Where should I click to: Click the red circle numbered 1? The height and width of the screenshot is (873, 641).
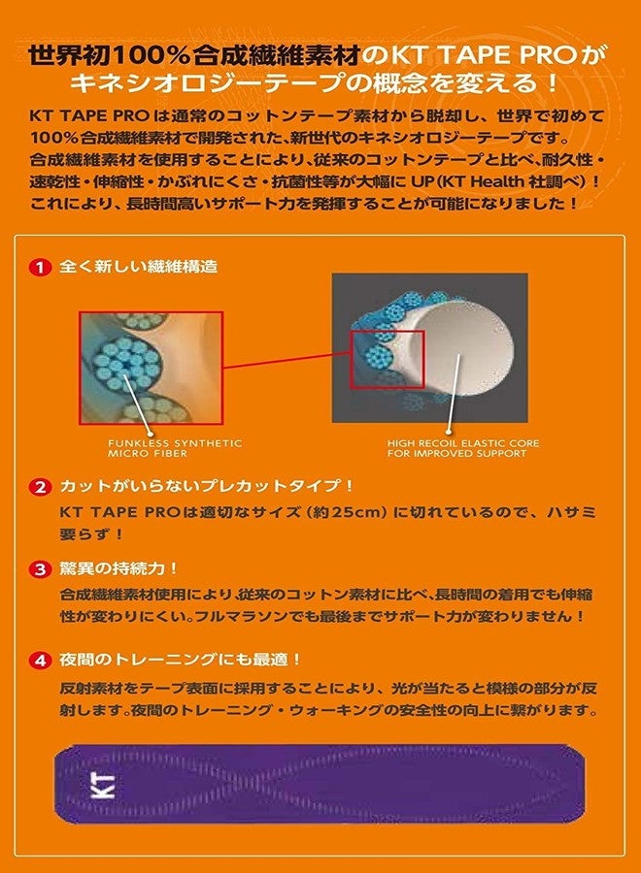40,268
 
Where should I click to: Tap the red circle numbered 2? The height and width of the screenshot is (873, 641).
40,488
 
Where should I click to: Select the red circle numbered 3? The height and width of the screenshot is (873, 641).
40,569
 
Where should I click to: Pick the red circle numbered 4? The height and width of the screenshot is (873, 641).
40,661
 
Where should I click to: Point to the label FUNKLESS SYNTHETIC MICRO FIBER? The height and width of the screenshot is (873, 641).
175,448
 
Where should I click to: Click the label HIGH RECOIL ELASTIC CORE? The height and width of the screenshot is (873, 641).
463,443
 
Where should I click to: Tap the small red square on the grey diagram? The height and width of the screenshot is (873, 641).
387,359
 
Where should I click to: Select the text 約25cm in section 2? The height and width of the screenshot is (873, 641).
346,511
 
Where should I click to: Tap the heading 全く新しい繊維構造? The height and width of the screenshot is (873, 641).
138,267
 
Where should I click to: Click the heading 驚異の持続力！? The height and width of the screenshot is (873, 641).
118,569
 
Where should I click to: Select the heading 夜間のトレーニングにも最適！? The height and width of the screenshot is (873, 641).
181,661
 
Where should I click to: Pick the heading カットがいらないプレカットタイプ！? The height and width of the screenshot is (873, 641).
206,487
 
